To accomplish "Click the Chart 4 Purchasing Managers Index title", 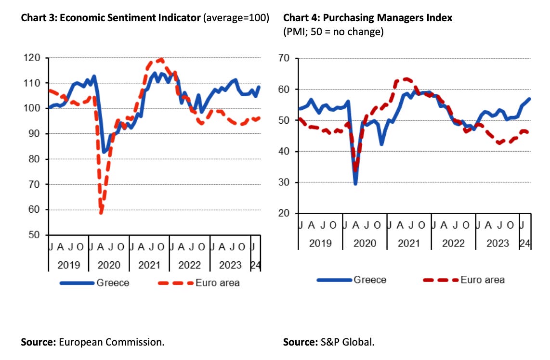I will pos(367,18).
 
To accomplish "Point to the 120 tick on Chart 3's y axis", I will pos(34,58).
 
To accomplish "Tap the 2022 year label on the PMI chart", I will pos(453,243).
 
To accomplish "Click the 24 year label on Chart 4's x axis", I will pos(525,243).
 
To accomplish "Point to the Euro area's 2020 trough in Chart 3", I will pos(101,212).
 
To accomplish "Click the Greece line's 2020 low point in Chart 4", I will pos(356,183).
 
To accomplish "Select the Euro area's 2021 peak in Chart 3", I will pos(160,60).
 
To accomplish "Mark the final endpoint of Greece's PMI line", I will pos(530,99).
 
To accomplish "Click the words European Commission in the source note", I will pos(112,343).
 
